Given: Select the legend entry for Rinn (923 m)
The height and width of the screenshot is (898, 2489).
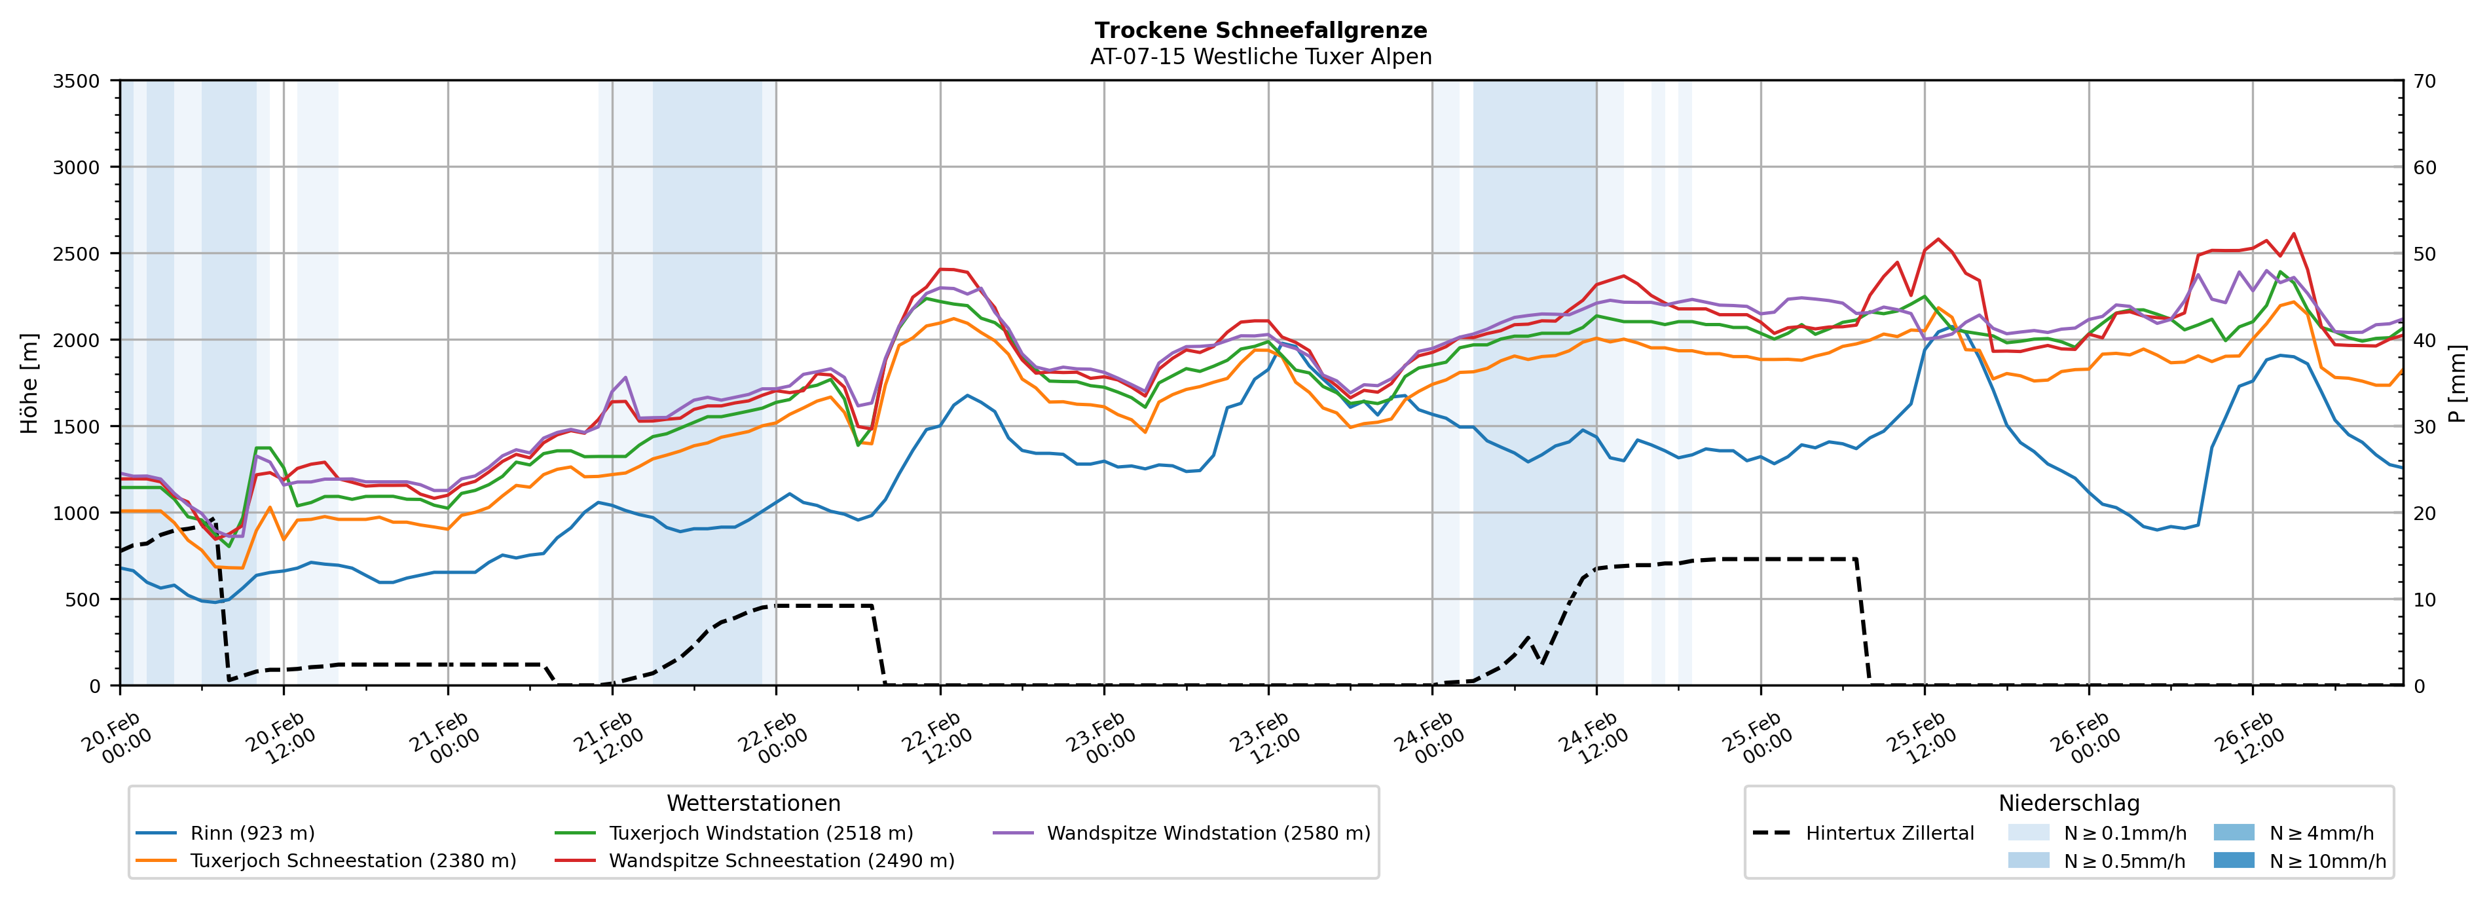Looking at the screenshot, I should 252,833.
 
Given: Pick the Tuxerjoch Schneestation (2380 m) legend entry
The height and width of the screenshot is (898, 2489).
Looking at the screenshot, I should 353,860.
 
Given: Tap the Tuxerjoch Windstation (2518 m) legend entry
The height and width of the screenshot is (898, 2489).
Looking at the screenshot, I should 760,833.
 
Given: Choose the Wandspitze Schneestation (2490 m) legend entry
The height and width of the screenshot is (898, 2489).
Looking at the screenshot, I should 781,860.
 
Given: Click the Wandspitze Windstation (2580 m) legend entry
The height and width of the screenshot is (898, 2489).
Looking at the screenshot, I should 1208,833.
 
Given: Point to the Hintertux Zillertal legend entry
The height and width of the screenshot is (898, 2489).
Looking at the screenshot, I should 1889,833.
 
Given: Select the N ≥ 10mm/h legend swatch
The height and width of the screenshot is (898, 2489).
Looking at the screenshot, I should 2233,860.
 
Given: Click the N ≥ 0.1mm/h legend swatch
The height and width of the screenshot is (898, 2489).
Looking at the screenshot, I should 2027,833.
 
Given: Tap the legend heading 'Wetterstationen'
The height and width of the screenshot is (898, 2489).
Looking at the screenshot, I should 754,803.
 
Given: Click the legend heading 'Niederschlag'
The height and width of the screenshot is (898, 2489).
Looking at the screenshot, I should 2069,803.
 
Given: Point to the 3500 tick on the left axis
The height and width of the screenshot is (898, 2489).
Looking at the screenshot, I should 77,81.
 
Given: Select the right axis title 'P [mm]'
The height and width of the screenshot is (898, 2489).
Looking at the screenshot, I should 2457,383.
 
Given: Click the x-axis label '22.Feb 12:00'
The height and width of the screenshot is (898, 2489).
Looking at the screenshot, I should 935,739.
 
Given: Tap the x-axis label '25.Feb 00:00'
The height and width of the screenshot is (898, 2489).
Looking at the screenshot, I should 1756,739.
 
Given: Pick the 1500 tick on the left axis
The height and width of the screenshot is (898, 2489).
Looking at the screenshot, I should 77,426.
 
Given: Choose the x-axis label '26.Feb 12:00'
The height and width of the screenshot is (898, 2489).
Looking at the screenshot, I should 2249,739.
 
